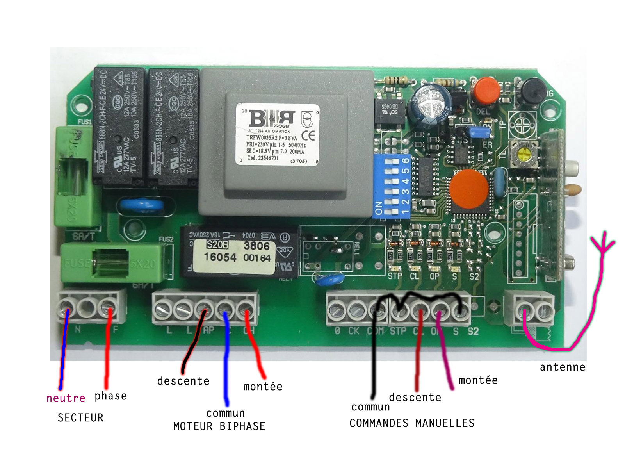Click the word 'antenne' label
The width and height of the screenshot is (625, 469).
click(562, 367)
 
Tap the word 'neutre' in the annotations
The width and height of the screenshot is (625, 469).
click(66, 398)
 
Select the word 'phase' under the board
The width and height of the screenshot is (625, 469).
click(110, 396)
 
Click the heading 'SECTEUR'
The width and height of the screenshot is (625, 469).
click(80, 417)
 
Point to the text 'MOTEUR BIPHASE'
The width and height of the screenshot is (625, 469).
click(219, 426)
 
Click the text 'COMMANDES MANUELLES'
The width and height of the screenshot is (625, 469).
click(411, 423)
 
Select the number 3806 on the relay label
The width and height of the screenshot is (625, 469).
click(256, 246)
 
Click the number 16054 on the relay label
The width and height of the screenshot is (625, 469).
click(220, 257)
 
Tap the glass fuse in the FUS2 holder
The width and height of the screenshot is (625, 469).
click(110, 263)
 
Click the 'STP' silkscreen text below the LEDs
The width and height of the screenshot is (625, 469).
click(395, 276)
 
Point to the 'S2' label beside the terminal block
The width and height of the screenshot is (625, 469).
click(473, 332)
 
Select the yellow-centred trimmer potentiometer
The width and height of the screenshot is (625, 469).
click(523, 155)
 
